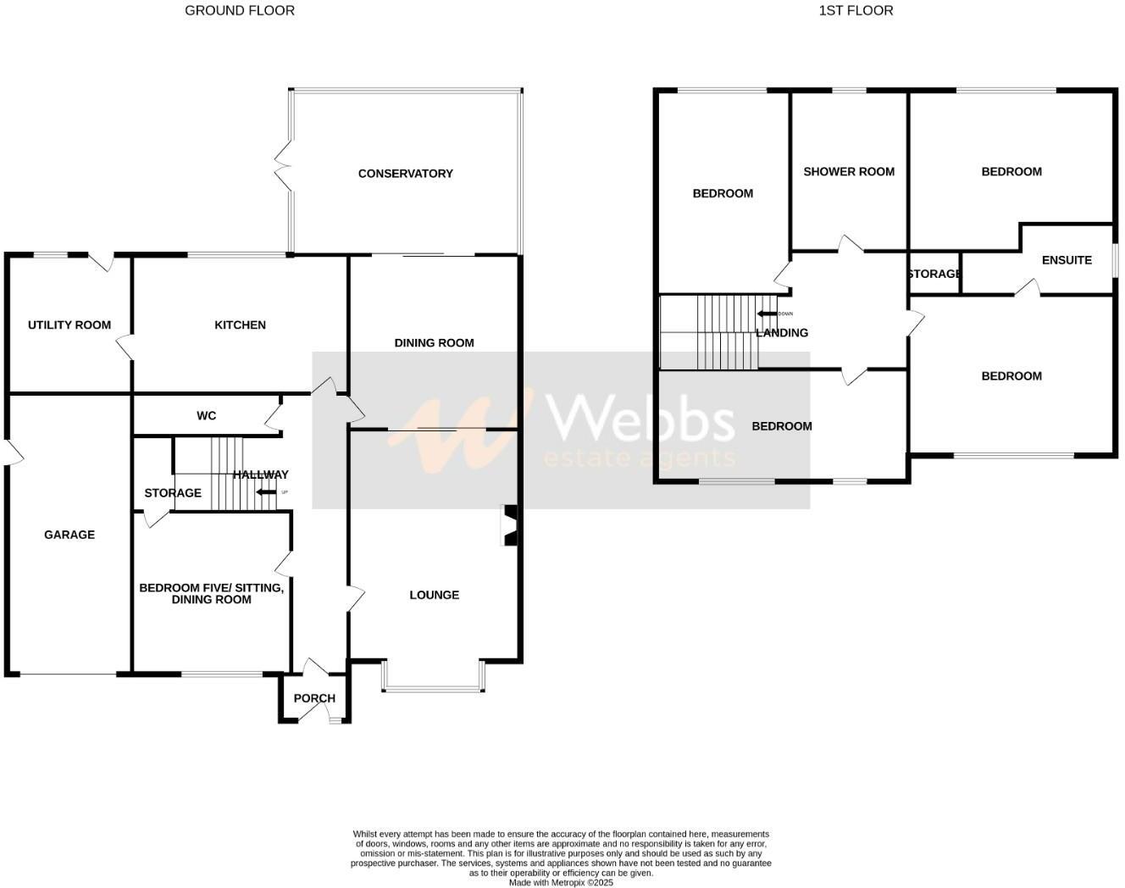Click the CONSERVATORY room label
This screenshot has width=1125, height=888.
pos(405,174)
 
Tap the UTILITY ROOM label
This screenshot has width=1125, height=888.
pos(69,325)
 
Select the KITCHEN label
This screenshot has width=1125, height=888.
pos(240,325)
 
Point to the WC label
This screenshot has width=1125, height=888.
pos(206,415)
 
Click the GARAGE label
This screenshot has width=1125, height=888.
pos(69,535)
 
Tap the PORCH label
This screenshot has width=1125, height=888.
pos(314,699)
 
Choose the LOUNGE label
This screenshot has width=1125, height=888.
pos(434,595)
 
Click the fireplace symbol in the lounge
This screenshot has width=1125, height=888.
pos(510,525)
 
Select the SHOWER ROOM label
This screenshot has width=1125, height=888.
pos(849,172)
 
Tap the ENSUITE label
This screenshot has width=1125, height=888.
pos(1066,260)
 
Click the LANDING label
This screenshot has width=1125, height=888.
pos(782,333)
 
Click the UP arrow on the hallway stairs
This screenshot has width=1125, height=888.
pos(267,492)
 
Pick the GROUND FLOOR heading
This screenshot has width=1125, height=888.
pos(240,11)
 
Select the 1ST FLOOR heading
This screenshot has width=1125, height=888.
pos(856,11)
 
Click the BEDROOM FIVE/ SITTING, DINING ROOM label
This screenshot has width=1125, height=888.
pos(211,593)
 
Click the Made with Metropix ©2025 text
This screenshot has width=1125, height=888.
pos(561,882)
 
